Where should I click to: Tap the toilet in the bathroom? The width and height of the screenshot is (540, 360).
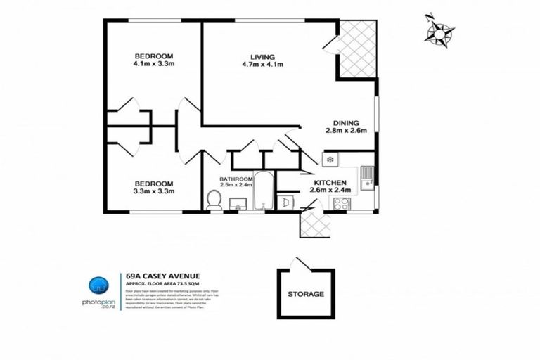pyautogui.click(x=215, y=201)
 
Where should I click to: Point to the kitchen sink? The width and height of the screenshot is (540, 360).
pyautogui.click(x=366, y=179)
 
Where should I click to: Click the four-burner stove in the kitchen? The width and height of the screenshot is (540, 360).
pyautogui.click(x=342, y=204)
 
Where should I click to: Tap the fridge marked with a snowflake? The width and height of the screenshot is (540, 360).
pyautogui.click(x=330, y=160)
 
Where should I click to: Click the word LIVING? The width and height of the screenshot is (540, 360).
pyautogui.click(x=262, y=57)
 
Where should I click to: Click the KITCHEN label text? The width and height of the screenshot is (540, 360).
pyautogui.click(x=330, y=181)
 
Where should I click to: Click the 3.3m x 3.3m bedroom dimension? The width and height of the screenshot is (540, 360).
pyautogui.click(x=154, y=191)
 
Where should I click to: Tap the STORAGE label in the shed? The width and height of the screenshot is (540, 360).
pyautogui.click(x=307, y=294)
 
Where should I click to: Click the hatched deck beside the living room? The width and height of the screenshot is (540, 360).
pyautogui.click(x=357, y=49)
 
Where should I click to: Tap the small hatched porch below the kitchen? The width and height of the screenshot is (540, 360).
pyautogui.click(x=315, y=224)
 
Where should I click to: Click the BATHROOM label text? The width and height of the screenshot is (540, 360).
pyautogui.click(x=236, y=179)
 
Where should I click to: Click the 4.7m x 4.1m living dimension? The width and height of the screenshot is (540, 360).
pyautogui.click(x=262, y=66)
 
